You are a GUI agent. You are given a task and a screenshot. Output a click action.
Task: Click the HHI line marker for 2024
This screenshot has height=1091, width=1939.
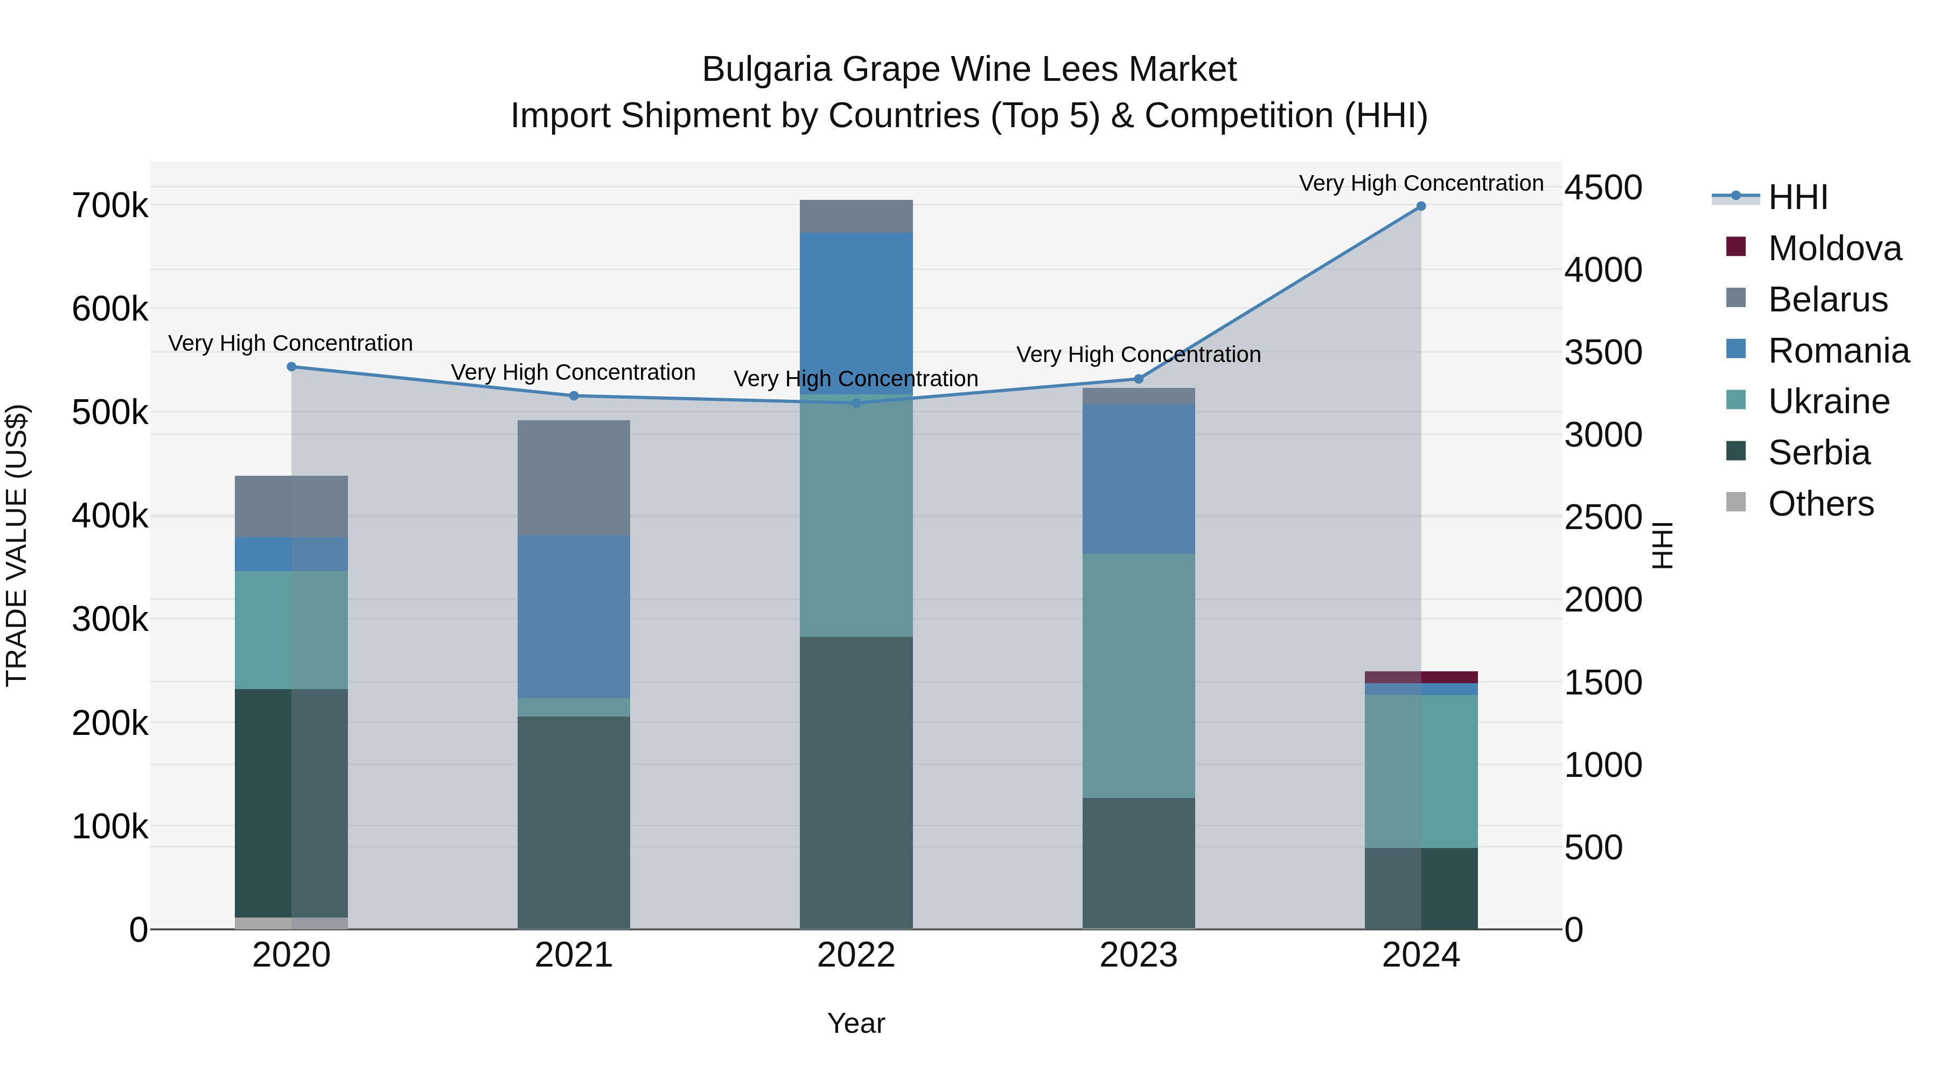1420,206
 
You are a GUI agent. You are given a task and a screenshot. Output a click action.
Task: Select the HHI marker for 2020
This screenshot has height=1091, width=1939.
291,367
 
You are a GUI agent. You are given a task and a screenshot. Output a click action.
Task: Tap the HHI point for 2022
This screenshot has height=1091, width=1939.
856,403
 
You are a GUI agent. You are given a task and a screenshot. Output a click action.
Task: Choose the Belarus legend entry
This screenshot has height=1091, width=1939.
1827,300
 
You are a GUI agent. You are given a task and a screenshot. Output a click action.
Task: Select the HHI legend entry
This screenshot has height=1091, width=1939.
1797,197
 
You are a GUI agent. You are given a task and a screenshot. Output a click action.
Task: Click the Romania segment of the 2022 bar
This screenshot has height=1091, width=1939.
856,312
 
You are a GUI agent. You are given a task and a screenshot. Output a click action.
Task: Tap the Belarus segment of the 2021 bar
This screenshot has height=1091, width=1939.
574,477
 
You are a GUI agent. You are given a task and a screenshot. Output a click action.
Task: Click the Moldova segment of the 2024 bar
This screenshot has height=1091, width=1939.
1420,677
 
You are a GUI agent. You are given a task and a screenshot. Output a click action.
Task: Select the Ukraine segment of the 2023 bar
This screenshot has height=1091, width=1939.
1138,676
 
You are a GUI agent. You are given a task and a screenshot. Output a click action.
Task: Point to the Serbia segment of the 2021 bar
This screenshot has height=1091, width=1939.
574,822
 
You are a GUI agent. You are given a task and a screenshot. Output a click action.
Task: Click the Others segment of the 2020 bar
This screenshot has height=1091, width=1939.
291,923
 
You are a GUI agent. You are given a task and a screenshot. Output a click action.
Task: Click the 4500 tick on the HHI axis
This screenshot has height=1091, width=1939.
1603,187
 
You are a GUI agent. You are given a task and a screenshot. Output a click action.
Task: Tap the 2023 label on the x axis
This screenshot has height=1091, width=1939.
1138,955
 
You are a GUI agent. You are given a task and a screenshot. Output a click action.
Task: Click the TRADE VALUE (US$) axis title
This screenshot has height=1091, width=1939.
17,545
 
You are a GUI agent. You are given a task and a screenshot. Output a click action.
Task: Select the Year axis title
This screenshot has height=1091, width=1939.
856,1023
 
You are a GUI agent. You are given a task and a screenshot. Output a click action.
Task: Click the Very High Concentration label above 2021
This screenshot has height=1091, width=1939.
573,372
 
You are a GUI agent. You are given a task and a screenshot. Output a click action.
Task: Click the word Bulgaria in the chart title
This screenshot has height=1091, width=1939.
766,70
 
